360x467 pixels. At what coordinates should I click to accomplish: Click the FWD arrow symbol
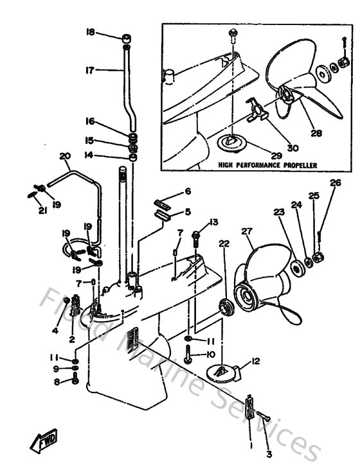point(39,442)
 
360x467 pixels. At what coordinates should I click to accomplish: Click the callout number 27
point(248,231)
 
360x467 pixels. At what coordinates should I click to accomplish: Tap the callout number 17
point(90,70)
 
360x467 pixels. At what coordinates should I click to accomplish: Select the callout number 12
point(255,362)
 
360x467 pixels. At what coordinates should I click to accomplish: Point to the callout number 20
point(64,156)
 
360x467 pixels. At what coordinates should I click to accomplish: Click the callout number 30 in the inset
point(292,148)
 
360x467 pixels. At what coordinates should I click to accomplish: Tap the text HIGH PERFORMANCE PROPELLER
point(267,165)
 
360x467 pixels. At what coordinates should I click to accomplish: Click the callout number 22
point(223,243)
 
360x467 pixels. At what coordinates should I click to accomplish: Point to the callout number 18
point(90,31)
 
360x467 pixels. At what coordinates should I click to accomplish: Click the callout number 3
point(269,454)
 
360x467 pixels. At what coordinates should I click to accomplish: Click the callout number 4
point(55,331)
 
